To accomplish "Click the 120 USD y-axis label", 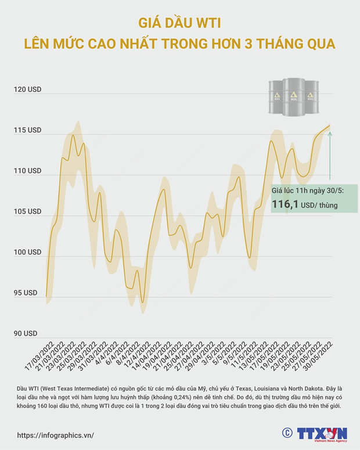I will coord(27,90).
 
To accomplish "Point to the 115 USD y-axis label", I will coord(27,131).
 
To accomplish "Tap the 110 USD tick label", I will coord(27,171).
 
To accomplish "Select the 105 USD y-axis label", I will coord(27,212).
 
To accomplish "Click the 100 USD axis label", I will coord(27,253).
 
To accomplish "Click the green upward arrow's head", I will coord(330,134).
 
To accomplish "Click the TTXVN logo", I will coord(322,433).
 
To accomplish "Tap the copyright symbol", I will coord(287,433).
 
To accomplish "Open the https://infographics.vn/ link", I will coord(55,435).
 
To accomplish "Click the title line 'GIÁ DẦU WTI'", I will coord(179,24).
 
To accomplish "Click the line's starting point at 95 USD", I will coord(46,296).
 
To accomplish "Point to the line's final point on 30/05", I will coord(330,125).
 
